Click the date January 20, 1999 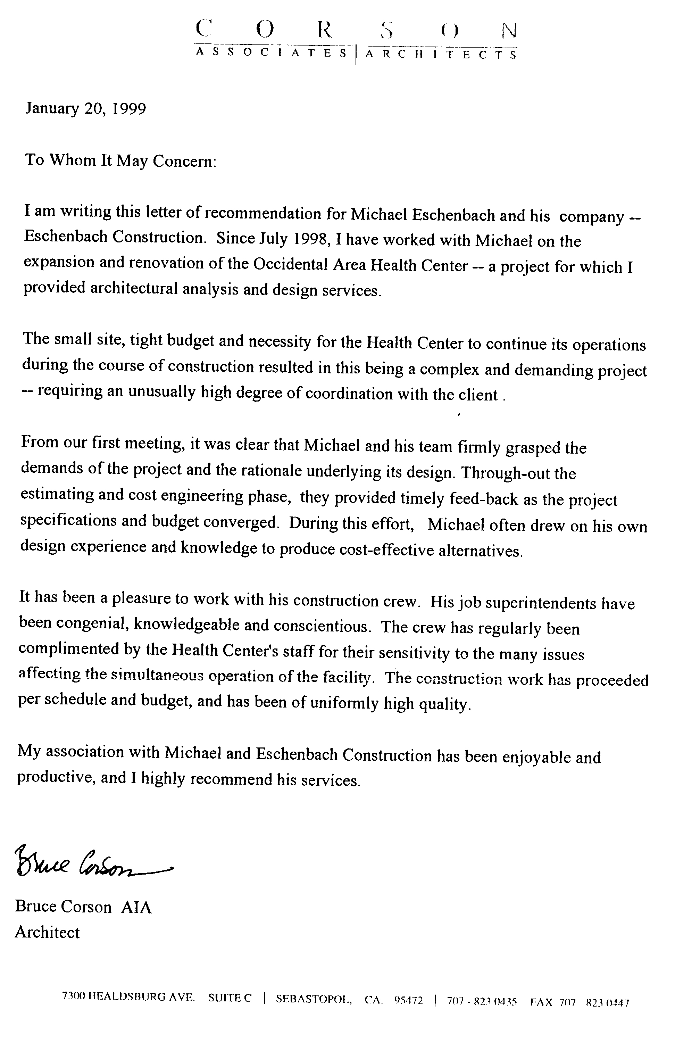click(x=85, y=108)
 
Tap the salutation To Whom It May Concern click(x=120, y=160)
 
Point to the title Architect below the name click(x=47, y=933)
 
